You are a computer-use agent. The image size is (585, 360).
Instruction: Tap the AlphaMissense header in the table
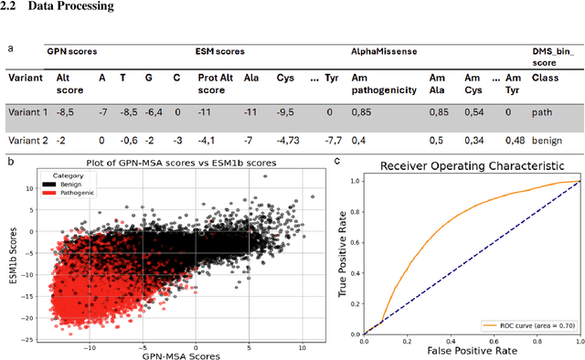click(x=384, y=52)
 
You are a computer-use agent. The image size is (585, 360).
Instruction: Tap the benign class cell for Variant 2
click(x=547, y=141)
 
